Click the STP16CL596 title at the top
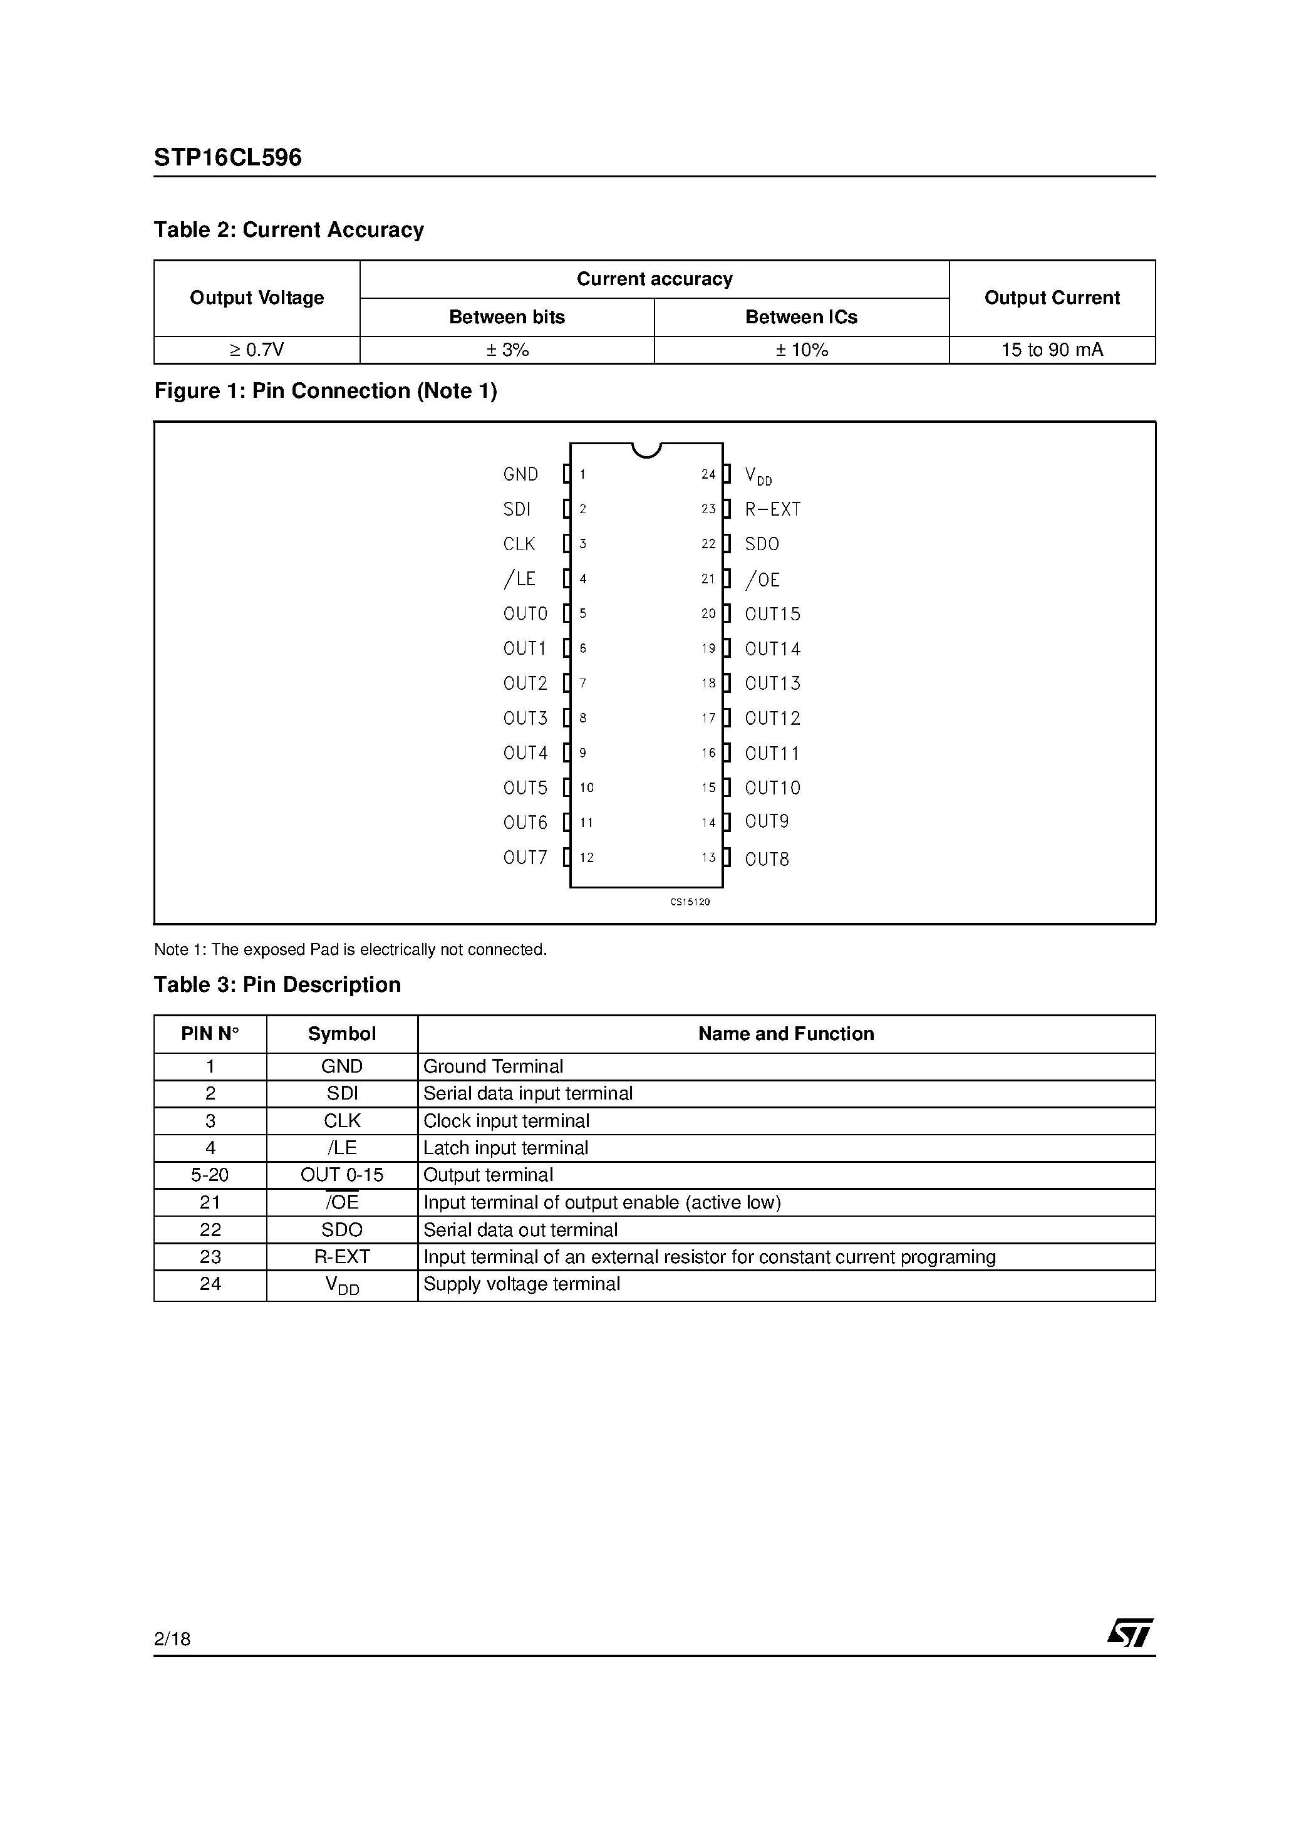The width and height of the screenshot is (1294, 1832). (227, 157)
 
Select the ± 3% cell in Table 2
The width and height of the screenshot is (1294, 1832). (507, 350)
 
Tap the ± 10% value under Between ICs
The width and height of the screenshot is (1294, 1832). (801, 350)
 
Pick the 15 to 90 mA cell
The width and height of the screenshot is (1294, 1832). (1052, 350)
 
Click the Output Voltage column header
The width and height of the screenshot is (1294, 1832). (256, 298)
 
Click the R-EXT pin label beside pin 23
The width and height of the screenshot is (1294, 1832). (772, 509)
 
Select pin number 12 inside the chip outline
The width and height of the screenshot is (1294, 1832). (586, 858)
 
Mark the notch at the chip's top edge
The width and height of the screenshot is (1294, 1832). (646, 450)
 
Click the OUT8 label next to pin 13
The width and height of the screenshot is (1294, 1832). (767, 860)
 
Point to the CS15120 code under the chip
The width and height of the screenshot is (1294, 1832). (690, 902)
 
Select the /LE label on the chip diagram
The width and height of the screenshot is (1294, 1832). (519, 578)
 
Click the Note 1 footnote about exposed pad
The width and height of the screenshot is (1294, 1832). (350, 949)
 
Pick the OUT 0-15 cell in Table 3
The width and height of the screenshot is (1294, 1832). (341, 1175)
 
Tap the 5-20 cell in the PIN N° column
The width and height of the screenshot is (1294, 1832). (210, 1175)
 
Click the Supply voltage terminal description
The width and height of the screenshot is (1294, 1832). (521, 1284)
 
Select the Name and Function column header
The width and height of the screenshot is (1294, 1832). (786, 1033)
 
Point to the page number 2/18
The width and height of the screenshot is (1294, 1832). (172, 1639)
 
